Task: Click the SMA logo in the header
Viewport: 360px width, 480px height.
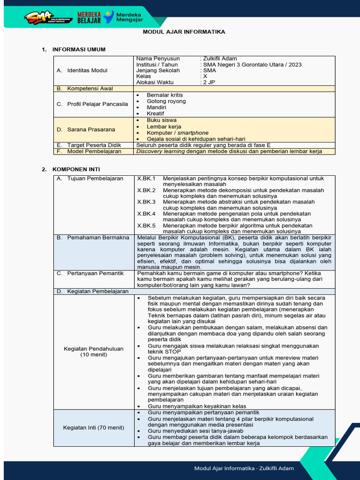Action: pos(43,18)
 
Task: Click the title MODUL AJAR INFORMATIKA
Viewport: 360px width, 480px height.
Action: pos(184,32)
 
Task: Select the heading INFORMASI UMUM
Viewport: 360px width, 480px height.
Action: pos(79,49)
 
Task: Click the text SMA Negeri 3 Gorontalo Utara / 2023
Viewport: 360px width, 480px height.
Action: pos(252,65)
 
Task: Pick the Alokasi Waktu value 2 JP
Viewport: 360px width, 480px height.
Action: pos(208,82)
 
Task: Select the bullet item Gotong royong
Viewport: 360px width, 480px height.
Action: pos(166,101)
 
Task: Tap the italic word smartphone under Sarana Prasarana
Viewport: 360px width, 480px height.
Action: pos(192,133)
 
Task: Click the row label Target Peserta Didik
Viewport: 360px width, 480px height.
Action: pos(94,145)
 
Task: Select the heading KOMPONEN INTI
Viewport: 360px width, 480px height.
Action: pos(76,169)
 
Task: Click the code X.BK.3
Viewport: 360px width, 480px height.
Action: pos(146,202)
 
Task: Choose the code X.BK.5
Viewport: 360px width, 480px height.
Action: pos(146,225)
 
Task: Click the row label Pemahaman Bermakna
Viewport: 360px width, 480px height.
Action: pos(98,238)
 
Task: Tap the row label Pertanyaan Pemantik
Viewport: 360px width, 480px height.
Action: pos(95,273)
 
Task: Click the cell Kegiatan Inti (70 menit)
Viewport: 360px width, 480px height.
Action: pos(94,427)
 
